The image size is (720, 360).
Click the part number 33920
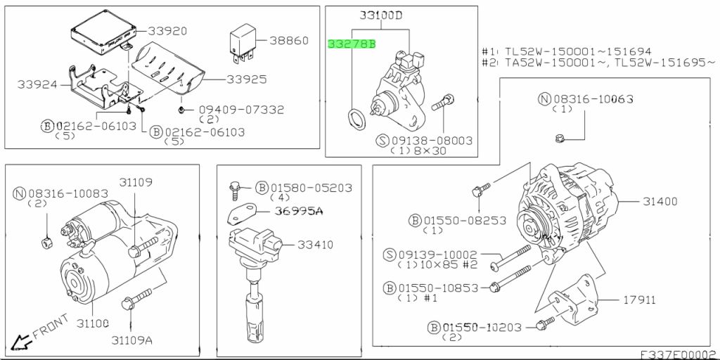167,32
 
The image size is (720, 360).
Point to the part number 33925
247,79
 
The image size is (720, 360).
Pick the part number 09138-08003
432,141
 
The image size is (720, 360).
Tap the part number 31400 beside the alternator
660,201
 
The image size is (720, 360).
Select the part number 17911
639,300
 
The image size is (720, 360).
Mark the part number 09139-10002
440,255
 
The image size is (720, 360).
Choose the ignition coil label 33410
314,245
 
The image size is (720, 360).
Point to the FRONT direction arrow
22,342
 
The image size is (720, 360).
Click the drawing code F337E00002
678,354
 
